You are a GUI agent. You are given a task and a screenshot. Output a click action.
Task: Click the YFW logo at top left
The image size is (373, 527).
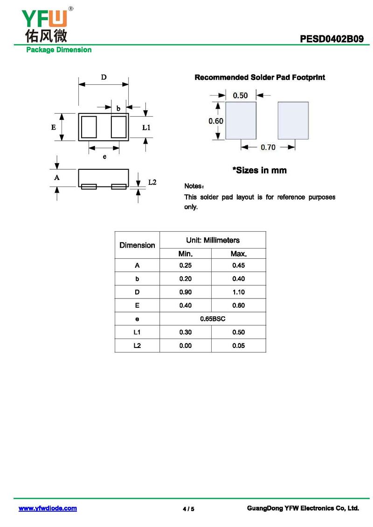coord(44,23)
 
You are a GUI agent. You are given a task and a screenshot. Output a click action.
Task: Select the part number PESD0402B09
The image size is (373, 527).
coord(332,39)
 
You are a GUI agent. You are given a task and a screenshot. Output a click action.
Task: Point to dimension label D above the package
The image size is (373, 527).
coord(104,77)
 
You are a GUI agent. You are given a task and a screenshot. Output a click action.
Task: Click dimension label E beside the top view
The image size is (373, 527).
coord(54,127)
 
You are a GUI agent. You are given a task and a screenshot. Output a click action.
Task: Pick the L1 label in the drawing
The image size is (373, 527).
coord(146,127)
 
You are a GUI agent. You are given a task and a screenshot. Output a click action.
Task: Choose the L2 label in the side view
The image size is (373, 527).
coord(152,182)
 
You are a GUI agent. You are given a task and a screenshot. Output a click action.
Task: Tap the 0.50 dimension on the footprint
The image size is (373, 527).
coord(240,96)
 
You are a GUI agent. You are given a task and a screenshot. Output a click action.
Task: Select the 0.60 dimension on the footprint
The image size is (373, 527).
coord(216,121)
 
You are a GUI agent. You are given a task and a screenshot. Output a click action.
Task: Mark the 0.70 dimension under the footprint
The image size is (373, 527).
coord(268,147)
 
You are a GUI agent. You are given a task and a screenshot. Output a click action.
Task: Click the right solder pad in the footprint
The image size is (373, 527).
coord(293,121)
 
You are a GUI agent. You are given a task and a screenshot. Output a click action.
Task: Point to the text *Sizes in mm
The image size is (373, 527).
coord(260,170)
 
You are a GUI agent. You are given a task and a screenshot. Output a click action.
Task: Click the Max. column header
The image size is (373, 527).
coord(239,254)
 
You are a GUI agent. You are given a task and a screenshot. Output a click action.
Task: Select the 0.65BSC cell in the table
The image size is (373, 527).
coord(213,319)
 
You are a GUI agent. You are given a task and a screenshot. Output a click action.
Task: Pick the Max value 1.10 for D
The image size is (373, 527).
coord(239,292)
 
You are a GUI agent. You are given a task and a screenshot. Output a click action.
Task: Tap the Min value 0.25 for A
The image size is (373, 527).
coord(186,265)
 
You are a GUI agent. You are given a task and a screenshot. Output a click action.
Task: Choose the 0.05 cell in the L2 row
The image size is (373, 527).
coord(239,346)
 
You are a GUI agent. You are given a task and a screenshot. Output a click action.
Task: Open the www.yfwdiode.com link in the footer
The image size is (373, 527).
coord(48,508)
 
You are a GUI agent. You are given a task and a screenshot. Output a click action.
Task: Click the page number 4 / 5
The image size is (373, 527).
coord(188,509)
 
